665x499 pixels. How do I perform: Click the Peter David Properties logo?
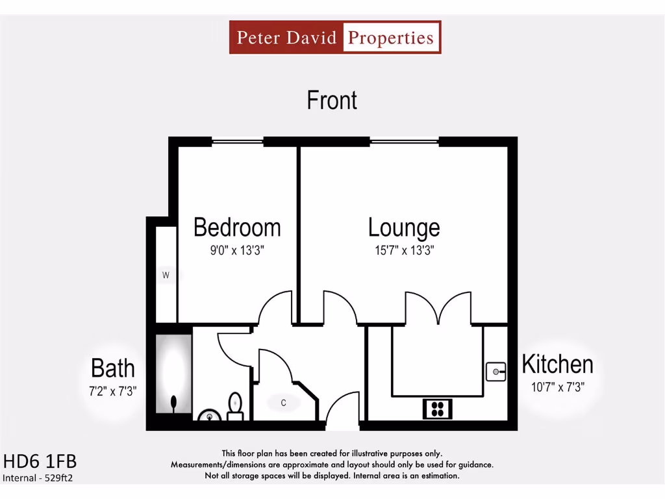click(334, 37)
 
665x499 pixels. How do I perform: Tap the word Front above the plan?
click(332, 100)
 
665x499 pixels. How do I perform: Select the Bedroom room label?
click(237, 227)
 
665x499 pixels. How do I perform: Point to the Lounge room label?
click(403, 227)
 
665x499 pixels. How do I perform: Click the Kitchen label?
click(557, 365)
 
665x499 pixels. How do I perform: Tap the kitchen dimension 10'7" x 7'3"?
click(557, 387)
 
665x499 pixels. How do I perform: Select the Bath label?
click(113, 368)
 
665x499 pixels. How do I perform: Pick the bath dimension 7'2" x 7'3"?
click(113, 391)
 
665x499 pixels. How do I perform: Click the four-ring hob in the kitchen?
click(438, 409)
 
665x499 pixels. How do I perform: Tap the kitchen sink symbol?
click(496, 372)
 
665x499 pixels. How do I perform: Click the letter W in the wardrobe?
click(166, 275)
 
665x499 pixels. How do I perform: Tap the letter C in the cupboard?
click(283, 403)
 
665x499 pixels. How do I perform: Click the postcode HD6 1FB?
click(40, 462)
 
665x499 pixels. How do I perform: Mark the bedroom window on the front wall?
click(237, 141)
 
